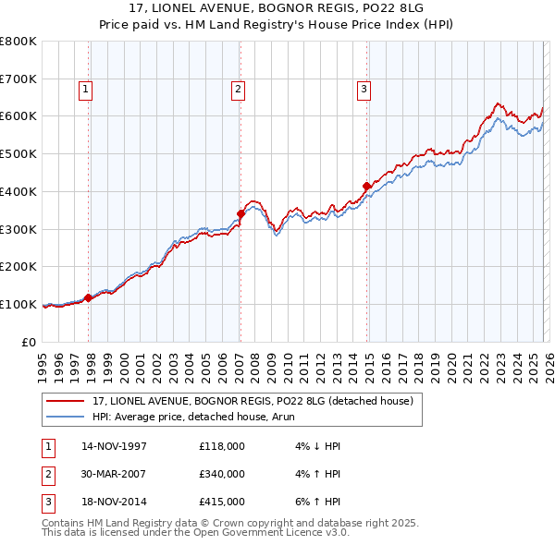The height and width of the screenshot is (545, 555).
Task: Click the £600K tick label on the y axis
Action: pos(18,116)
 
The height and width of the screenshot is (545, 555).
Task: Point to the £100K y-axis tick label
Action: pos(18,304)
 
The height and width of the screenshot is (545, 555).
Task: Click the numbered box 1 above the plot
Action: pos(85,90)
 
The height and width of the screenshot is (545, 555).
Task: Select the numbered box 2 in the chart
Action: pos(238,90)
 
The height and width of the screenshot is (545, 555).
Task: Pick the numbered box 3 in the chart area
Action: pos(364,90)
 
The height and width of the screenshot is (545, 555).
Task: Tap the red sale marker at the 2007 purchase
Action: pos(240,214)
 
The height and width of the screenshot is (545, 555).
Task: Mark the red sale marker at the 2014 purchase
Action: pos(366,187)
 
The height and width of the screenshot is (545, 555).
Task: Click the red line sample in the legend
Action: pos(67,401)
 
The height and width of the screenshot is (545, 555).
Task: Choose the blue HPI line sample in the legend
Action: pos(67,417)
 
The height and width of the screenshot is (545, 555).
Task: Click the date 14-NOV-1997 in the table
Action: pos(114,447)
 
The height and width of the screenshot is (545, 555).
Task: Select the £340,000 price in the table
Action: pos(222,474)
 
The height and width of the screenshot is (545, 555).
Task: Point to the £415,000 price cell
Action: pos(222,502)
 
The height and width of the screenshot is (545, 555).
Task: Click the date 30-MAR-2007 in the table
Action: pos(114,474)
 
